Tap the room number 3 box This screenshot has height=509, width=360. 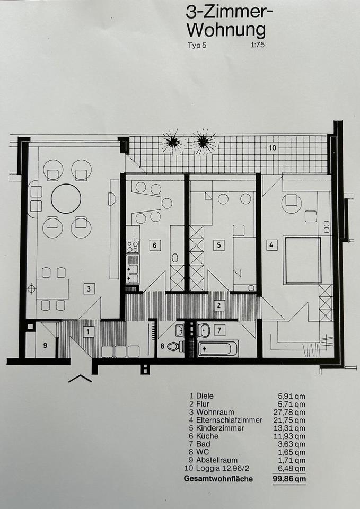tap(89, 288)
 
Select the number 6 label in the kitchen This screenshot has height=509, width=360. tap(154, 245)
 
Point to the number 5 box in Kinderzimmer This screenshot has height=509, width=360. tap(219, 245)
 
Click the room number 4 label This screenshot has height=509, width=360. tap(271, 245)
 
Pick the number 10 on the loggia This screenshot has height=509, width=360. tap(273, 148)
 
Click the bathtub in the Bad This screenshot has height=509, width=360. tap(218, 349)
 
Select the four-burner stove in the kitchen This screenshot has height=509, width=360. tap(133, 247)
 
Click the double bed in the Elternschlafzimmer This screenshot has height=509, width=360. tap(303, 260)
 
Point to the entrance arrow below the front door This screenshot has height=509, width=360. tap(80, 378)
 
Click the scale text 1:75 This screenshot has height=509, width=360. tap(257, 45)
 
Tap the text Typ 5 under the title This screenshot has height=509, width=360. tap(197, 46)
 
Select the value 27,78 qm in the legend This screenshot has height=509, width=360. tap(292, 413)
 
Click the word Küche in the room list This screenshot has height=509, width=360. tap(207, 436)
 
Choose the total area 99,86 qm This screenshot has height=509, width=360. tap(289, 479)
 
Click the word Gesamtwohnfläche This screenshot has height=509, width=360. tap(218, 479)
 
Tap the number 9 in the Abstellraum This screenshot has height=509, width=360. tap(45, 346)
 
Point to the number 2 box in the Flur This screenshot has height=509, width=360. tap(219, 305)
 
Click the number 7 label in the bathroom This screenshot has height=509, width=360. tap(220, 330)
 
